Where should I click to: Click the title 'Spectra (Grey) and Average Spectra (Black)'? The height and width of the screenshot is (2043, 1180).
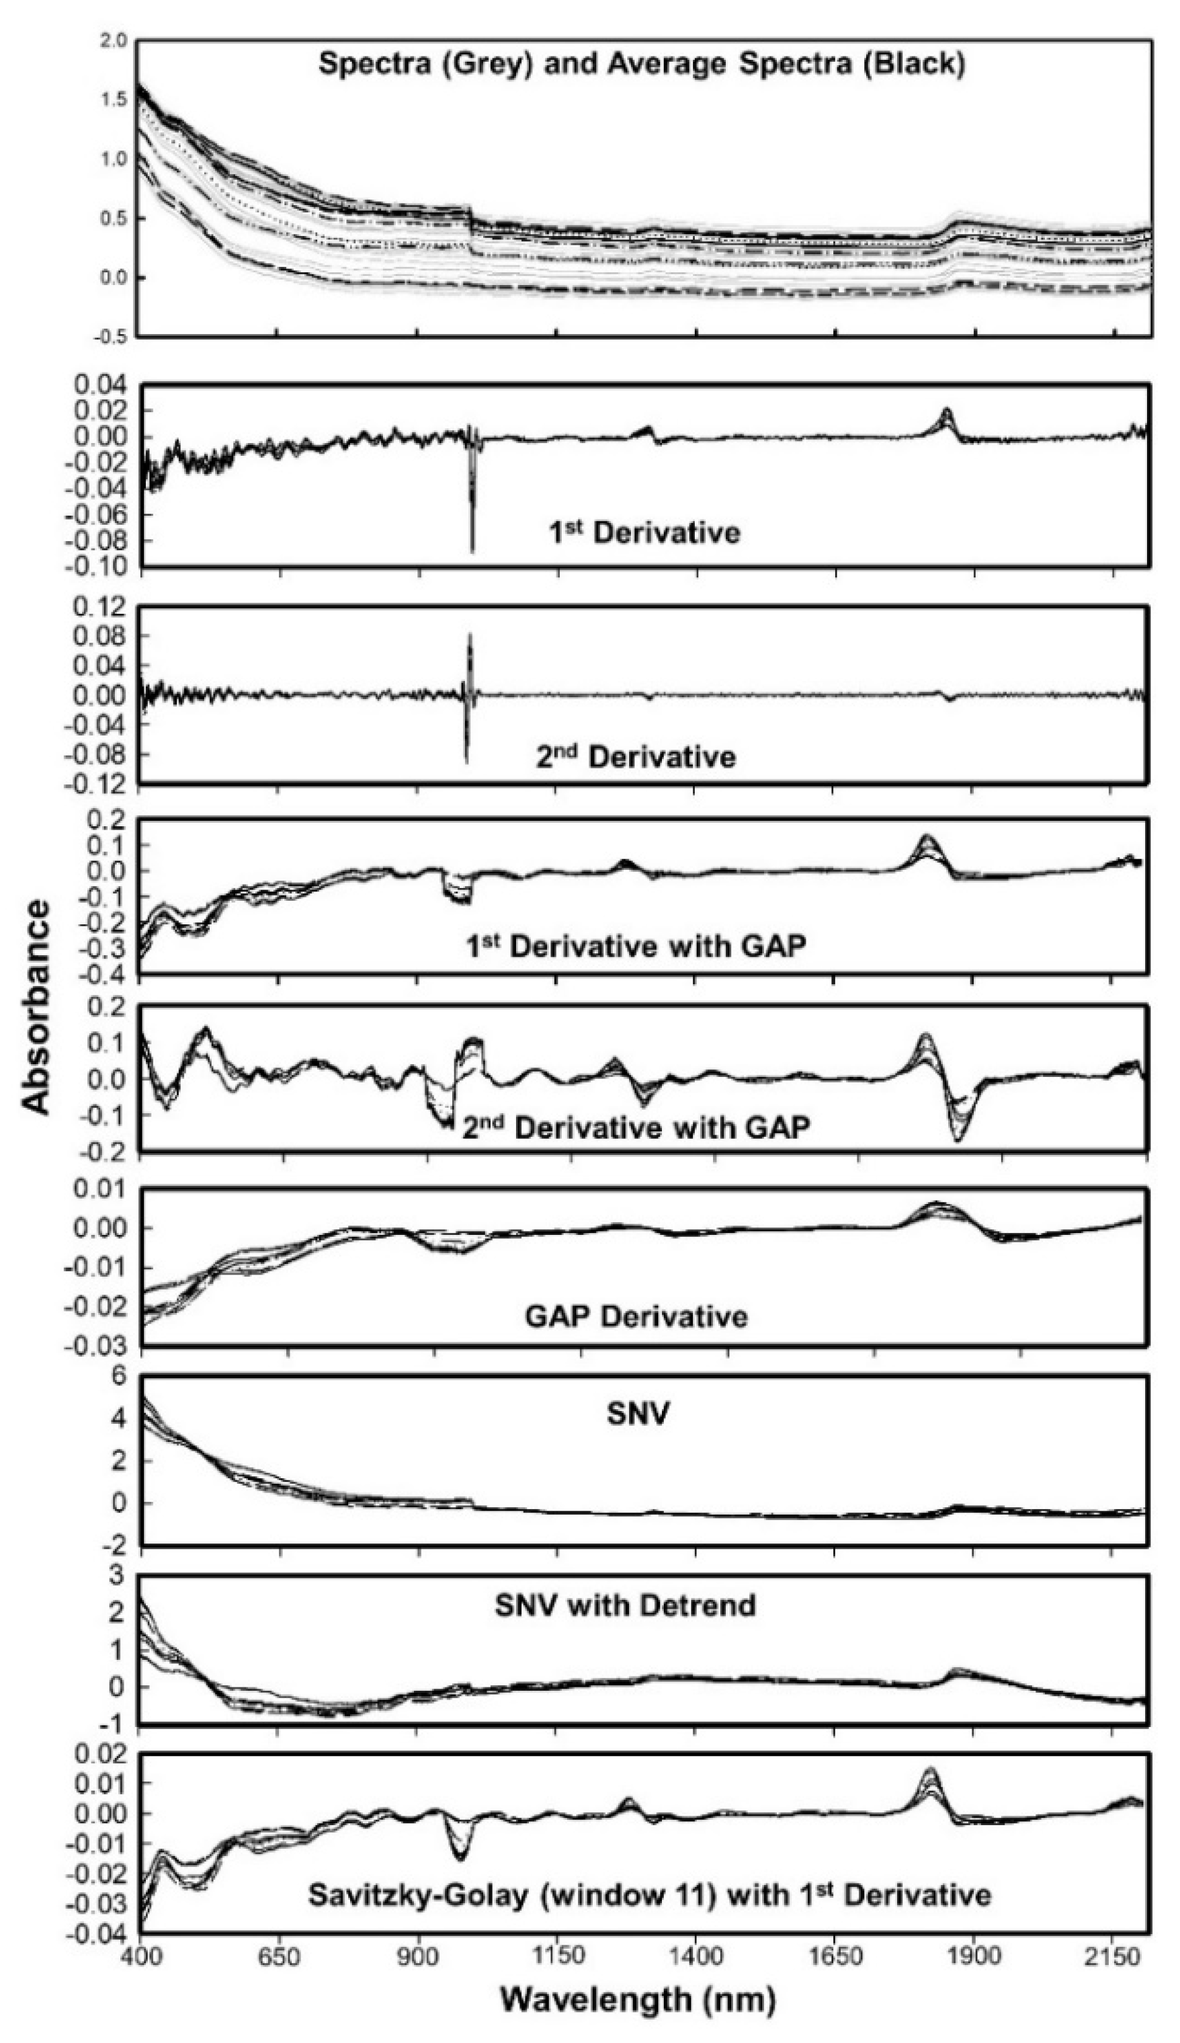(642, 65)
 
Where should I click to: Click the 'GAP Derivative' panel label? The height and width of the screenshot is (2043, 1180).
(636, 1315)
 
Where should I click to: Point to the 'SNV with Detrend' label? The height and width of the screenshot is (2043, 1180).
(625, 1605)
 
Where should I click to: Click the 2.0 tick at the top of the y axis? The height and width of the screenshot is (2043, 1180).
(114, 40)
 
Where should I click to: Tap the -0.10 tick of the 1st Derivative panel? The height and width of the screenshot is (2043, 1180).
(101, 567)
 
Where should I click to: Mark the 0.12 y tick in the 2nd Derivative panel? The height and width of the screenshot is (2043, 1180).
(101, 606)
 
